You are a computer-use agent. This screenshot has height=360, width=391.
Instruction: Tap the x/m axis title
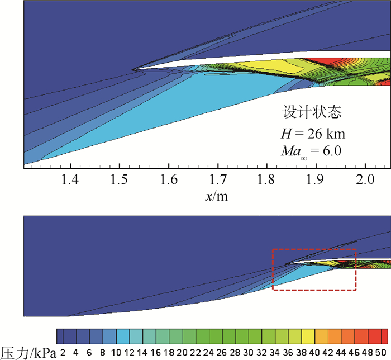click(x=217, y=196)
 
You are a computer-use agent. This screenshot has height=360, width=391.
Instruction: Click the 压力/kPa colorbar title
click(x=28, y=352)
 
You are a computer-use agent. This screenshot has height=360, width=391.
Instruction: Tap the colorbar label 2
click(x=64, y=353)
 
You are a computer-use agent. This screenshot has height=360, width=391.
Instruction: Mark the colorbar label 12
click(x=130, y=353)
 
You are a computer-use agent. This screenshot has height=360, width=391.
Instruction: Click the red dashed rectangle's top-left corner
click(x=273, y=249)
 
